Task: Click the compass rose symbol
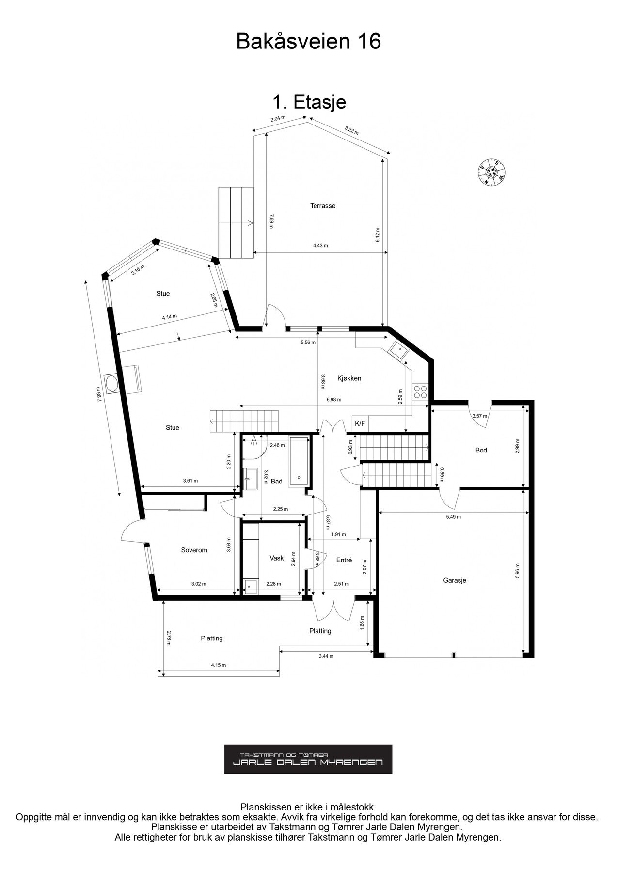tap(492, 172)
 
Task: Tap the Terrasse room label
tap(323, 206)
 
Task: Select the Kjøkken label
tap(349, 378)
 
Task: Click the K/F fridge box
tap(360, 423)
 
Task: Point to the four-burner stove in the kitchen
tap(420, 391)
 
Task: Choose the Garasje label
tap(455, 580)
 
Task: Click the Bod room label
tap(481, 450)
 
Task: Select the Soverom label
tap(194, 550)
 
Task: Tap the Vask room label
tap(277, 558)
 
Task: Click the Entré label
tap(344, 560)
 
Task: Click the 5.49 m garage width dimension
tap(453, 517)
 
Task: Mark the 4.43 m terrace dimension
tap(320, 246)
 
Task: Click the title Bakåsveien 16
tap(308, 42)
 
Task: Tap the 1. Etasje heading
tap(309, 102)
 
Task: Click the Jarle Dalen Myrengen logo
tap(308, 759)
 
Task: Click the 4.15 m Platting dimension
tap(219, 665)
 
